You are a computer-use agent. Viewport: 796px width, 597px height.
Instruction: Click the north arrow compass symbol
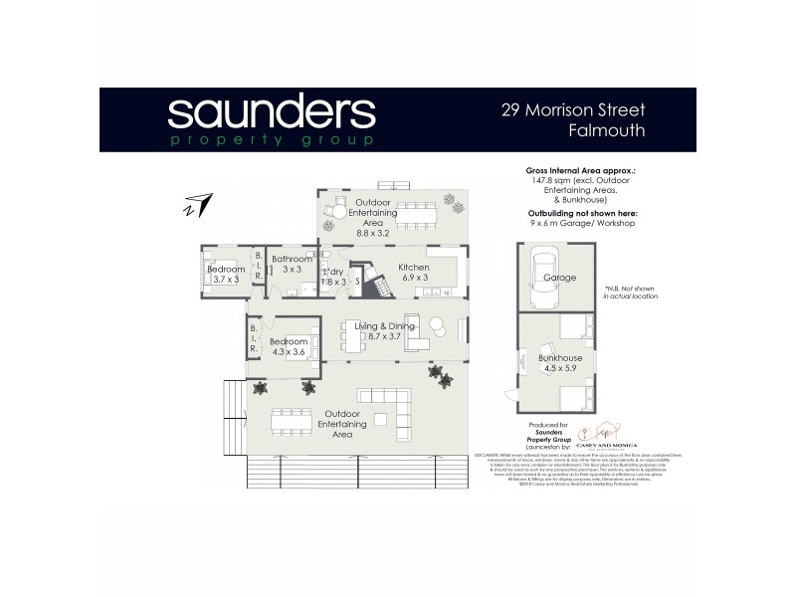point(198,205)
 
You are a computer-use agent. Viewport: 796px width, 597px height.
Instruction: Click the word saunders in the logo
point(271,113)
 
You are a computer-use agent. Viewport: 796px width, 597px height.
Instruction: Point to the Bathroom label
point(292,260)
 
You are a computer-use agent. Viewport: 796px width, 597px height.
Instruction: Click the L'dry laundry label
point(334,271)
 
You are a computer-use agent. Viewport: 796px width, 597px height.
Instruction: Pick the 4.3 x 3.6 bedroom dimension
point(288,351)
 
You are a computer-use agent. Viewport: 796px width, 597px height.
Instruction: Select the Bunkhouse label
point(560,356)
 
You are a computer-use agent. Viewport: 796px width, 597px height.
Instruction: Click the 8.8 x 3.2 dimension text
point(377,233)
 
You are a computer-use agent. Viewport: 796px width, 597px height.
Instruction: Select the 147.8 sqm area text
point(577,181)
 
